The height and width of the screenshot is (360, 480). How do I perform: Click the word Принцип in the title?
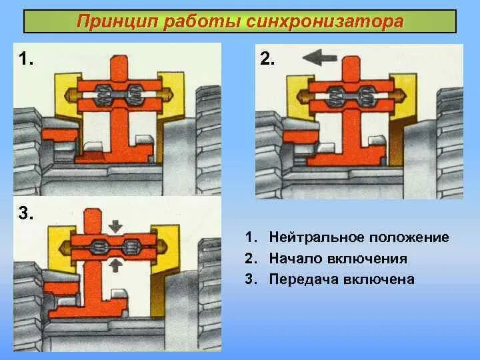coord(114,21)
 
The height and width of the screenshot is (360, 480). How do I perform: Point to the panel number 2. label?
coord(266,59)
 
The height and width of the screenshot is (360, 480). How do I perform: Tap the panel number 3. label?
coord(26,213)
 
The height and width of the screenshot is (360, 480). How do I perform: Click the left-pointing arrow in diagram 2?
coord(322,59)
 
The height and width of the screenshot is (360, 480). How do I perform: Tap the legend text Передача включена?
coord(341,279)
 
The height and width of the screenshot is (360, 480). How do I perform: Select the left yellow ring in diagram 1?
coord(67,93)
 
